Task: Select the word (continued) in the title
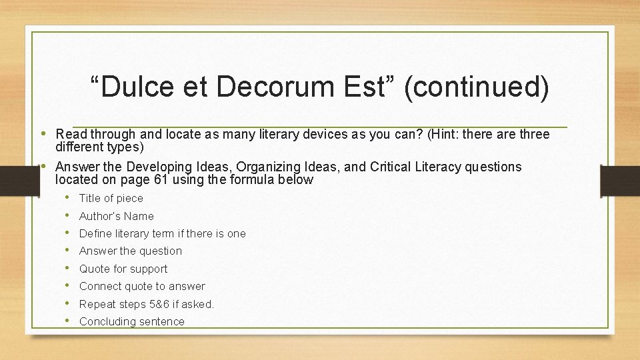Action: (477, 88)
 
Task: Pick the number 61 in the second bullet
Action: (167, 179)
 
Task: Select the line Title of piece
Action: (111, 198)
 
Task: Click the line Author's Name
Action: (116, 216)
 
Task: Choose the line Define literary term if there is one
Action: (162, 233)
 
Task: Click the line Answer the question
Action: (130, 251)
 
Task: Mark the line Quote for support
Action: (123, 269)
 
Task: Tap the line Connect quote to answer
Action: (142, 286)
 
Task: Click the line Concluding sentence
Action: (131, 321)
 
